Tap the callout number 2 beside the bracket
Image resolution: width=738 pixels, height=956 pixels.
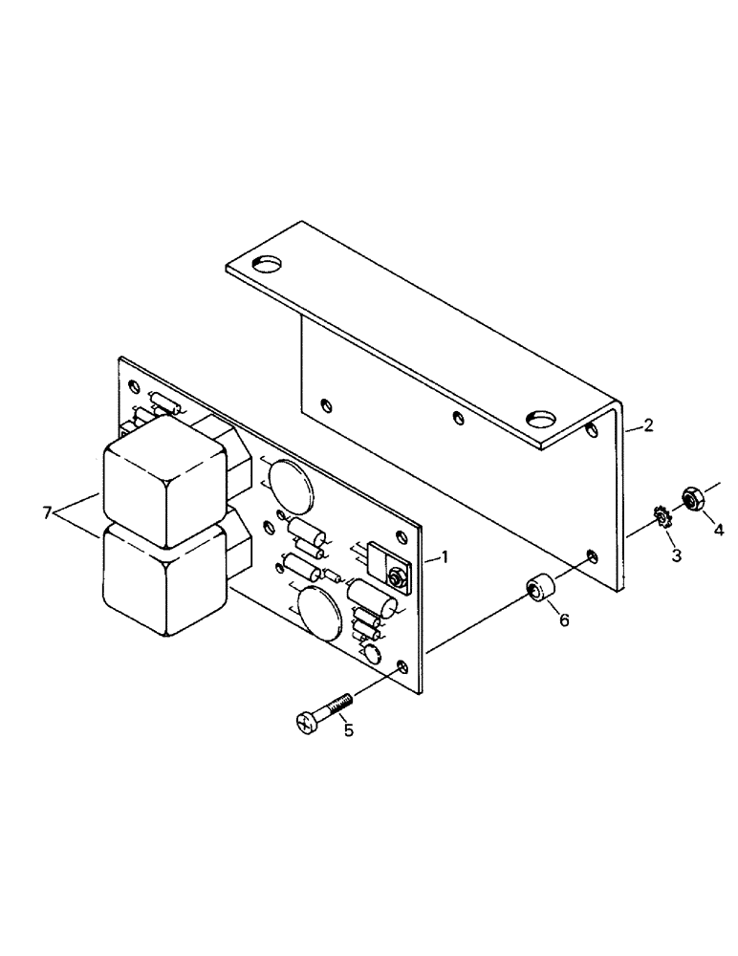(x=648, y=425)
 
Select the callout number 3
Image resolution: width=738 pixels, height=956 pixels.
(x=676, y=554)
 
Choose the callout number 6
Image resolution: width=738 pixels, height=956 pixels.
(x=563, y=620)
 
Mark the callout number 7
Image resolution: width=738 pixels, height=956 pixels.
(x=48, y=514)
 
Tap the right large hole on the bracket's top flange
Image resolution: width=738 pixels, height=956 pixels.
(x=542, y=418)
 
